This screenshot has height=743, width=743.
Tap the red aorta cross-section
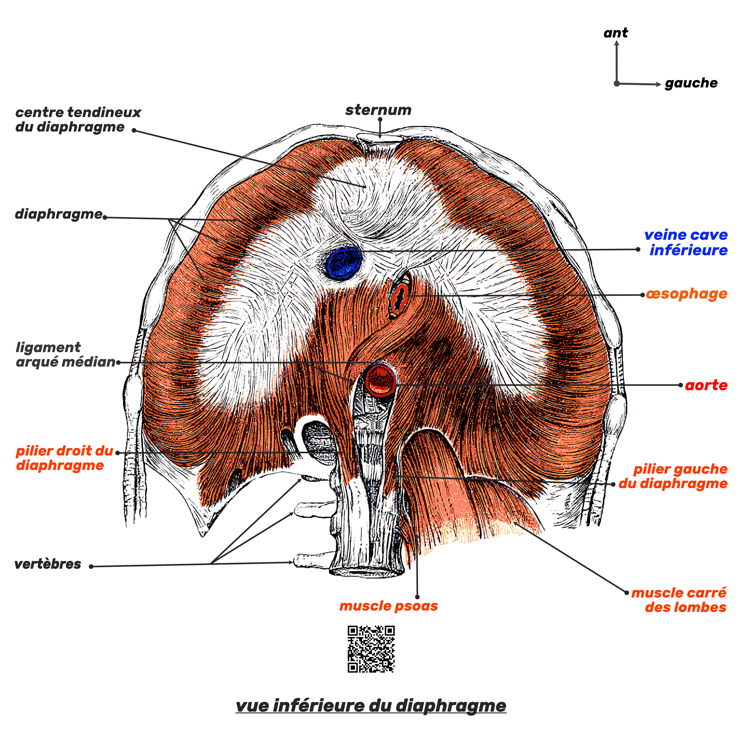pos(380,380)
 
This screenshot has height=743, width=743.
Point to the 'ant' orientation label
pos(615,33)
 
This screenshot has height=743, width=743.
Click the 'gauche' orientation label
pos(691,83)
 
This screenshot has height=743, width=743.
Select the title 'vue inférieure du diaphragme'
pos(371,705)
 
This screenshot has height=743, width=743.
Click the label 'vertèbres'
pos(48,564)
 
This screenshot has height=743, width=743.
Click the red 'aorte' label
pos(706,385)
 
